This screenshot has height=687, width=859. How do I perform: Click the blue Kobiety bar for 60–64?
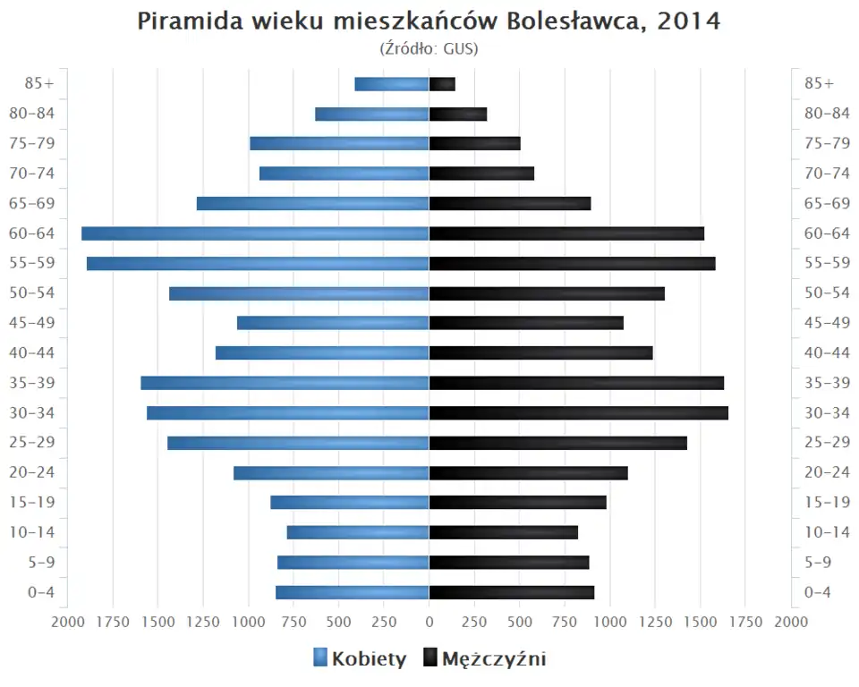coord(255,233)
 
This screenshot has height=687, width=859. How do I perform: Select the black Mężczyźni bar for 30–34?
coord(578,413)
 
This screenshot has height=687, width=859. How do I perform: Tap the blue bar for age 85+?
coord(392,84)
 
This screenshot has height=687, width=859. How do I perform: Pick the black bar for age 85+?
coord(442,84)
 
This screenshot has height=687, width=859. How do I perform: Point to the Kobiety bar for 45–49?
coord(333,323)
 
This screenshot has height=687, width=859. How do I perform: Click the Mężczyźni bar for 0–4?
coord(512,592)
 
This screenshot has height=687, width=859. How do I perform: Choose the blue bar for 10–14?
coord(358,532)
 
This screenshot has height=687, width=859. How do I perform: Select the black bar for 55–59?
coord(572,264)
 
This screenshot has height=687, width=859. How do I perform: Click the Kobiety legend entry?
coord(360,659)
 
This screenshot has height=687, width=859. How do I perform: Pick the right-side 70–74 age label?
coord(827,174)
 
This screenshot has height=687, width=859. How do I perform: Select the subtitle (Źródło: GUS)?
coord(429,48)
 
